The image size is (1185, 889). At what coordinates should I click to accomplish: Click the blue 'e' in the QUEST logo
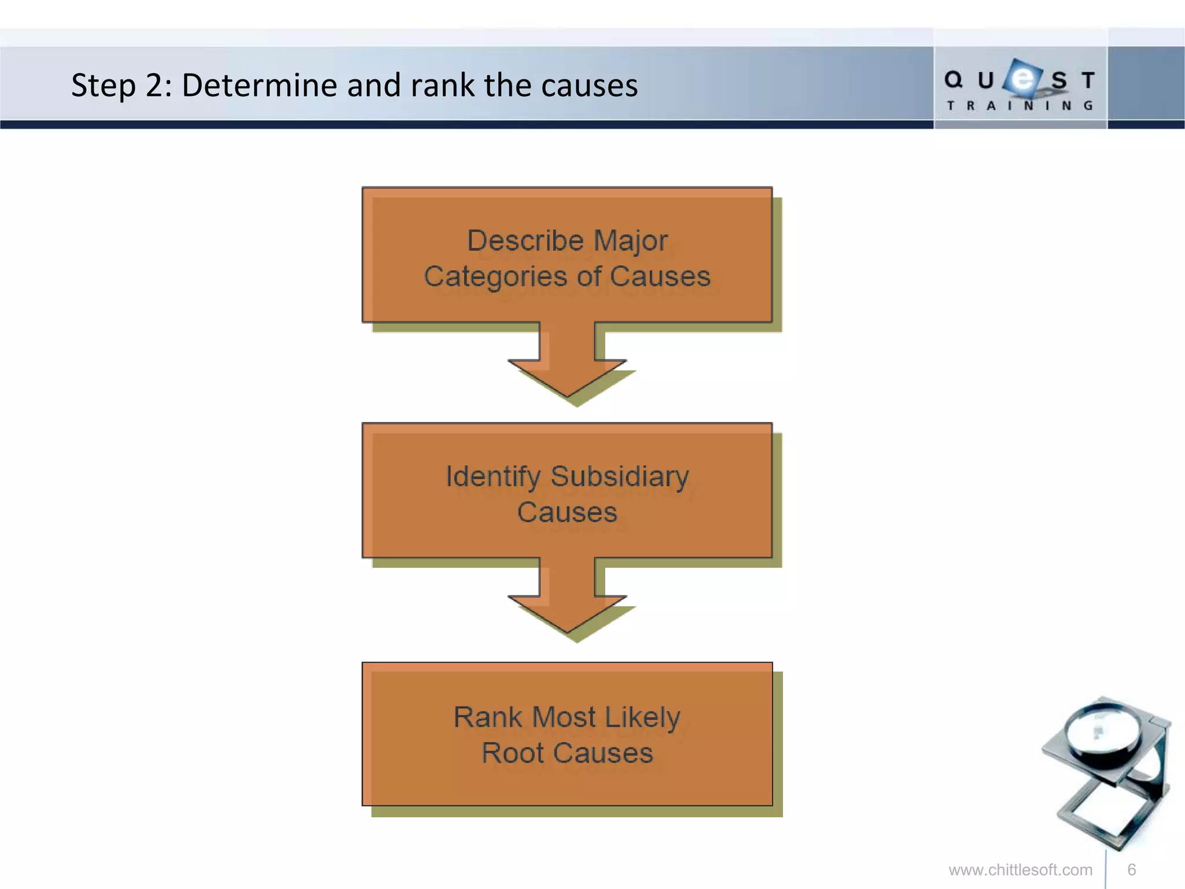click(1024, 78)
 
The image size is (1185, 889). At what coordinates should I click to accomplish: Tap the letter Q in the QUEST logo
click(953, 80)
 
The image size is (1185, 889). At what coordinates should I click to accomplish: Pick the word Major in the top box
click(630, 240)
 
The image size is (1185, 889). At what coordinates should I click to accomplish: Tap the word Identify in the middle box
click(492, 477)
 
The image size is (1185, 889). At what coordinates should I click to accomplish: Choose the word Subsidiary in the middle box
click(620, 477)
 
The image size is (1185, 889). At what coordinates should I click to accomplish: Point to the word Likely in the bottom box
click(642, 718)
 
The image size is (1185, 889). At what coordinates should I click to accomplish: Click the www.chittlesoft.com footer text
click(1020, 870)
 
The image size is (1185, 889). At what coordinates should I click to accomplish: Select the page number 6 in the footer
click(1131, 870)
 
